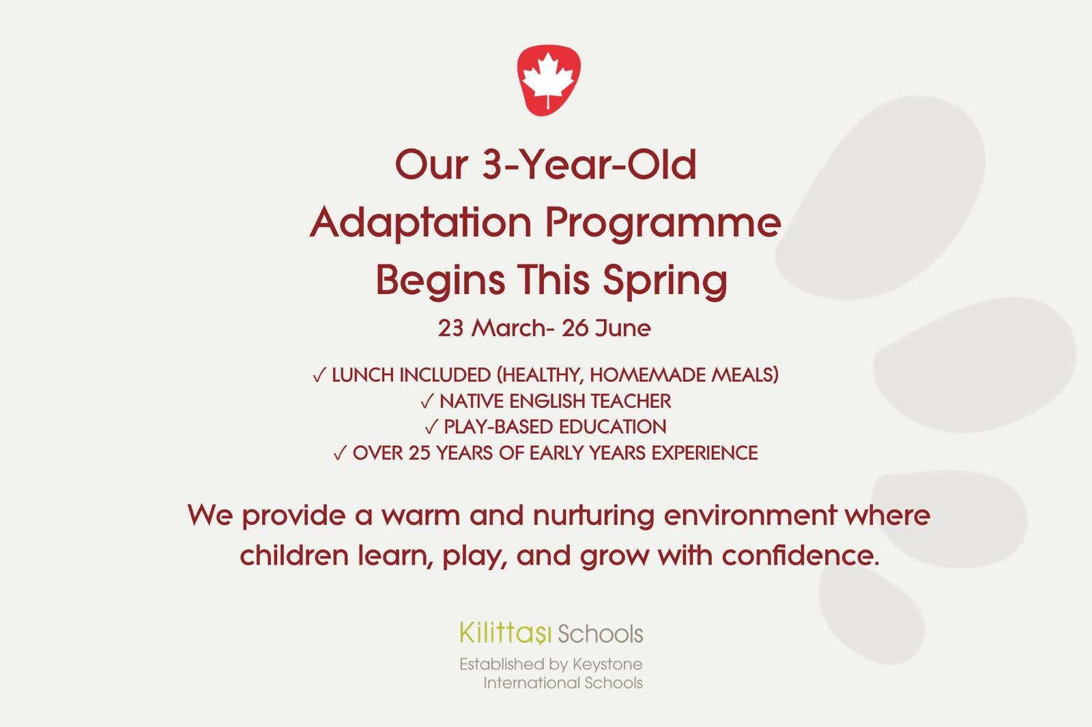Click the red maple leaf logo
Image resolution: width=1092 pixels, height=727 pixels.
(x=549, y=80)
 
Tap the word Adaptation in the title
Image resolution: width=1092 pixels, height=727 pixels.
(x=420, y=223)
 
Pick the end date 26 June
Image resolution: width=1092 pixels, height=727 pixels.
(x=606, y=327)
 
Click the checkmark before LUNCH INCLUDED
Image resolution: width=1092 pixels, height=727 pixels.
(x=319, y=375)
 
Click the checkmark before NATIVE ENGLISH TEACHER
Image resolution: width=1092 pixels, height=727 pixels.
(x=427, y=402)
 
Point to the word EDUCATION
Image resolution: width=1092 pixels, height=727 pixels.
(x=612, y=427)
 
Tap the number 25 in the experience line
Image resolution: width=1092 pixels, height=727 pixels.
(x=419, y=453)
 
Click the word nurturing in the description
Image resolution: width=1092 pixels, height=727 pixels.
(x=594, y=516)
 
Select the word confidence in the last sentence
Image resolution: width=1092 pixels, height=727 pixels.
(x=801, y=556)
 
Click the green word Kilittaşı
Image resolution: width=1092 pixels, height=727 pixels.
(x=505, y=633)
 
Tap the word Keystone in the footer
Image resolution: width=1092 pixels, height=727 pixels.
(x=607, y=665)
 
